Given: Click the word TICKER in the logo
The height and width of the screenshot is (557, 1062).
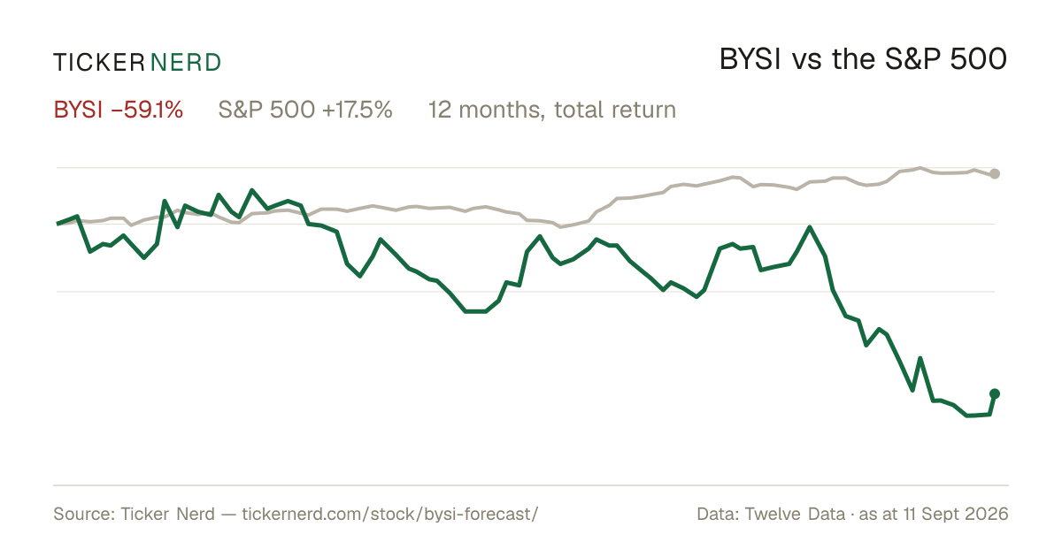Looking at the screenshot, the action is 99,63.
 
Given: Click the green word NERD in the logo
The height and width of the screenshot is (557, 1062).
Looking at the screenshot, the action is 185,63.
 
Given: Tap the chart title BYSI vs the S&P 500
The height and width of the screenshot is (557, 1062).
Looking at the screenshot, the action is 863,59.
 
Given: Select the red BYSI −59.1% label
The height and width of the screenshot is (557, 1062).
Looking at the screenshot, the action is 118,110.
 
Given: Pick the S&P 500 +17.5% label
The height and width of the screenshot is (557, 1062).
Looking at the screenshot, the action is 305,110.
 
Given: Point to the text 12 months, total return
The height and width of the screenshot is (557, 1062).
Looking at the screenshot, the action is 552,111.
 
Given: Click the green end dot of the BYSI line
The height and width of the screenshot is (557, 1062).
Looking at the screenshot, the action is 995,393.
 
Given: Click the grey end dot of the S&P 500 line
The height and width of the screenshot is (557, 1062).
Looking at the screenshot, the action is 995,174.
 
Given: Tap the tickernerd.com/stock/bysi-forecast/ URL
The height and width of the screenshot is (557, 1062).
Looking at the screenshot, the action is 390,514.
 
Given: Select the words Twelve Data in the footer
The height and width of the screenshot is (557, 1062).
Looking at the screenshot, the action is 795,514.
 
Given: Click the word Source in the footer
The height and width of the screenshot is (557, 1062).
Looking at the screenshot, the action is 84,514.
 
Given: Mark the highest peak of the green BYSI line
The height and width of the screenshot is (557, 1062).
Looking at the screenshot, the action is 251,190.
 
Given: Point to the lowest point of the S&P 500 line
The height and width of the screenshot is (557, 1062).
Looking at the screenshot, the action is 561,227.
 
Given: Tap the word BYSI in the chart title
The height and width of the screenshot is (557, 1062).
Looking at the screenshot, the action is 750,59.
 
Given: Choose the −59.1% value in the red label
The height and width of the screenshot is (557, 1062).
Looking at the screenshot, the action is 147,110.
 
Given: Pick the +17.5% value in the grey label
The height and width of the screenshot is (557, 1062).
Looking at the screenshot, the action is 358,110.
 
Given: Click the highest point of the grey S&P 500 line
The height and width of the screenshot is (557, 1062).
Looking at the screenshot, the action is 920,168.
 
